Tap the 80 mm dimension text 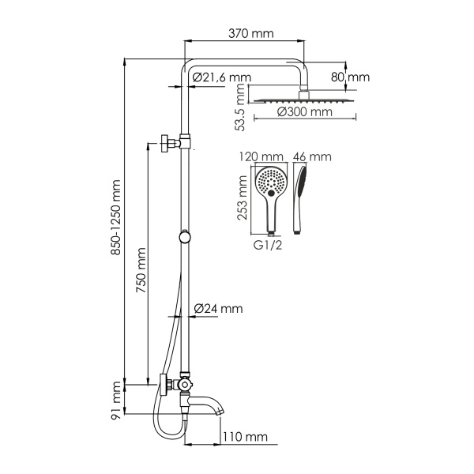(350, 77)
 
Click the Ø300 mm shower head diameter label (305, 112)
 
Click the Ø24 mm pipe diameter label (218, 308)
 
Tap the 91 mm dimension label (116, 401)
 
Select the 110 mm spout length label (245, 437)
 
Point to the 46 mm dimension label (308, 156)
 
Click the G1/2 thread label (268, 245)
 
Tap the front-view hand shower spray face (270, 182)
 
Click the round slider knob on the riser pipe (185, 236)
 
